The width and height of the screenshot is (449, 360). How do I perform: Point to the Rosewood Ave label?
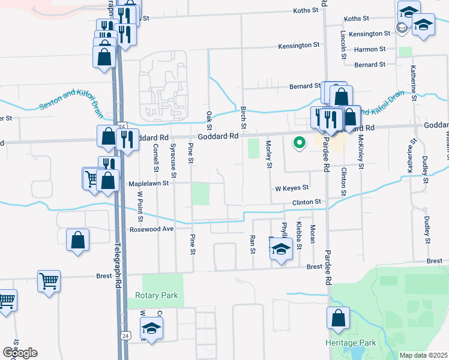(x=152, y=229)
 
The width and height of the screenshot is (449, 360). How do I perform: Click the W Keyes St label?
(x=292, y=188)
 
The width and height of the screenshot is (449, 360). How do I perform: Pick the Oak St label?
(x=209, y=119)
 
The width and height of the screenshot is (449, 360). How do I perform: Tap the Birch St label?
(x=244, y=118)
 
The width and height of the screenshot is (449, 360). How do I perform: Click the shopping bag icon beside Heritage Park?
(x=339, y=317)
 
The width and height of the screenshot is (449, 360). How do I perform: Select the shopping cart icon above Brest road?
(x=49, y=280)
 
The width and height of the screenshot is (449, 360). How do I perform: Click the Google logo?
(x=20, y=353)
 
